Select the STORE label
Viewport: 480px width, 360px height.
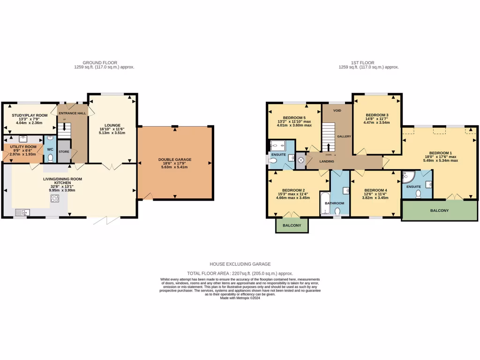tap(64, 152)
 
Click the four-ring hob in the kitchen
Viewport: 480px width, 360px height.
tap(55, 199)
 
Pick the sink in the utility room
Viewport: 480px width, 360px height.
tap(22, 139)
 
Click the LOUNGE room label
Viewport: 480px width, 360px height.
tap(113, 125)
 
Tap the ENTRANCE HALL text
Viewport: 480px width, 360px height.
tap(72, 113)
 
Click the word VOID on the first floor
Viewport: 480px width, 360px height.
tap(337, 111)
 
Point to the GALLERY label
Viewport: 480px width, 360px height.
tap(344, 136)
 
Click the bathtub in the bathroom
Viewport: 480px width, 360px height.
tap(324, 202)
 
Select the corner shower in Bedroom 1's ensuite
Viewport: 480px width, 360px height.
tap(408, 177)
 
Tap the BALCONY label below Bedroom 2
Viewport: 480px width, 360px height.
tap(292, 225)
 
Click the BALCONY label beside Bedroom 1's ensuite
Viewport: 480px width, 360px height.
tap(439, 210)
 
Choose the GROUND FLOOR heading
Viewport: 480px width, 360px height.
tap(100, 63)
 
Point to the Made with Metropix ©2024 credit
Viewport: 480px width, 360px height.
tap(240, 298)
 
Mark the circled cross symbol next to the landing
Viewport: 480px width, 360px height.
tap(300, 160)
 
